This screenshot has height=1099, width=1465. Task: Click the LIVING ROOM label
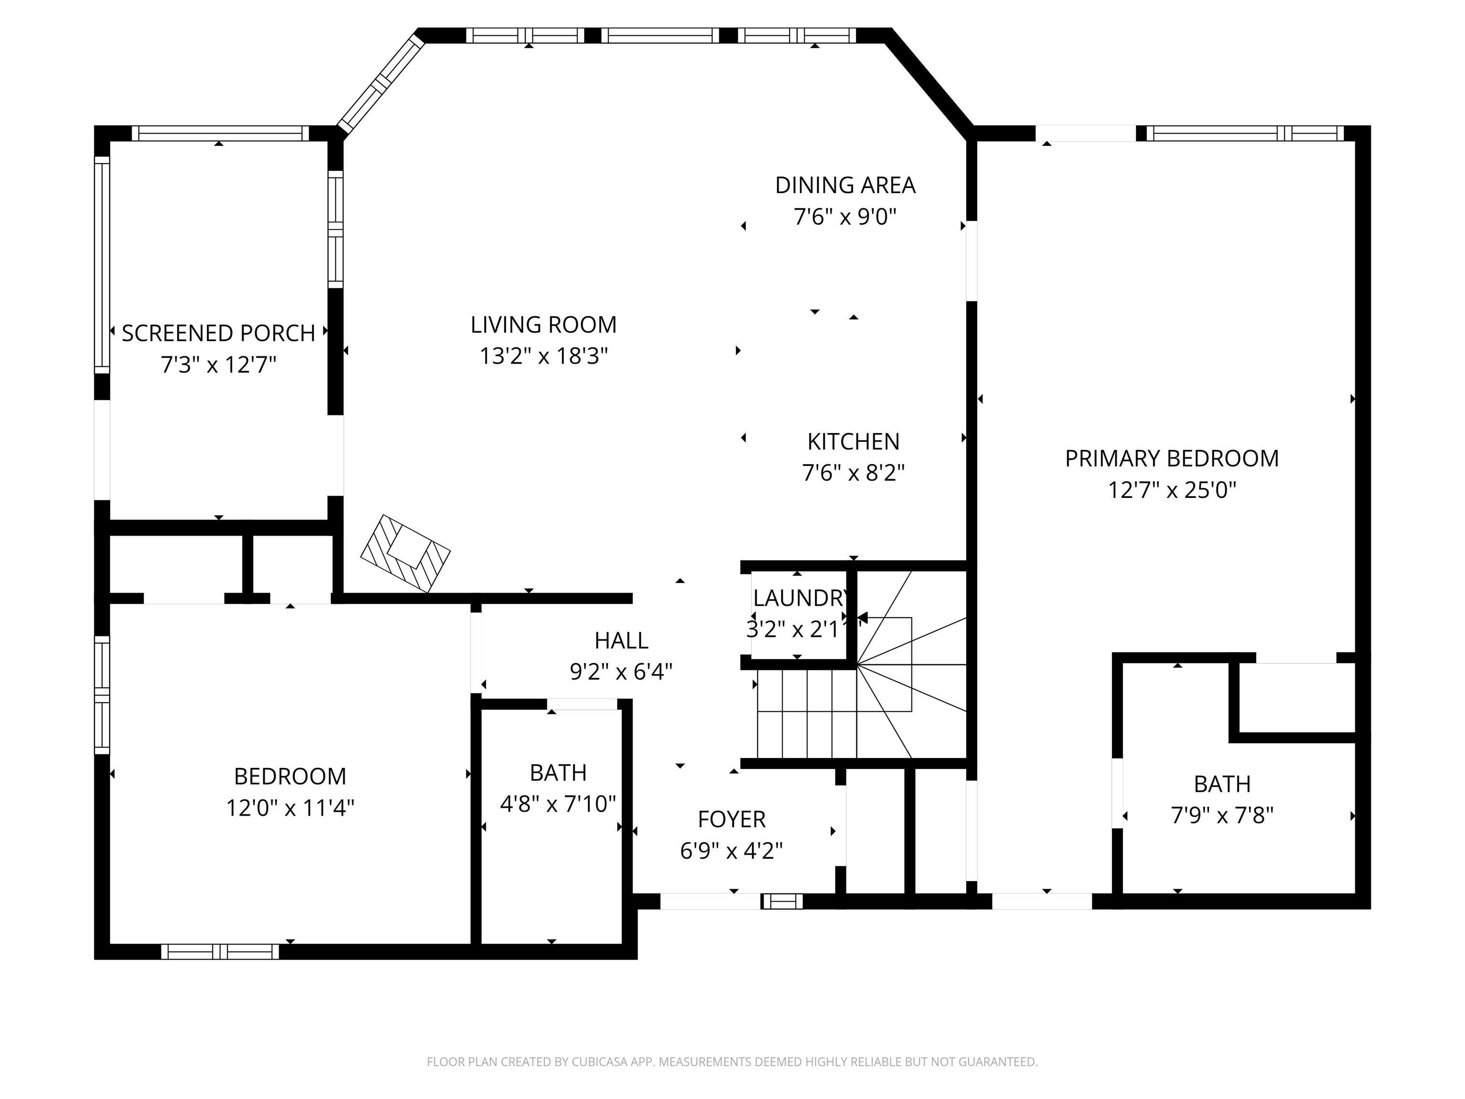click(543, 325)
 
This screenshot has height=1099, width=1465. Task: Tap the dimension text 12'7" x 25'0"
click(1172, 490)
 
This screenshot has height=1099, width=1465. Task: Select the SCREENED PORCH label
click(218, 333)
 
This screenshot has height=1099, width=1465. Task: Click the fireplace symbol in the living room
click(405, 553)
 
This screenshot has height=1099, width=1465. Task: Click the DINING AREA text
click(845, 186)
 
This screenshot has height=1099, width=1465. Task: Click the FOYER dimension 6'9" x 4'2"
click(731, 850)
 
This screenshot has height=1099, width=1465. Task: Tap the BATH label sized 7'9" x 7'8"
click(1222, 784)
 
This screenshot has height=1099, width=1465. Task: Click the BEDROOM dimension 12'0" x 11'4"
click(290, 808)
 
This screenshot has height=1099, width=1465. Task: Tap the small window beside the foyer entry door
click(782, 901)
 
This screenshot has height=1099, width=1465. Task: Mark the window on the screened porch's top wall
click(220, 133)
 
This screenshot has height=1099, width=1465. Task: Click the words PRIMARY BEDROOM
click(1172, 458)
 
